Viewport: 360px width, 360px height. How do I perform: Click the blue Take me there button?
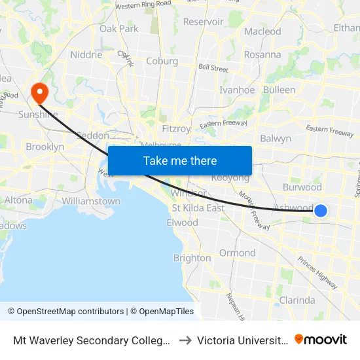180,160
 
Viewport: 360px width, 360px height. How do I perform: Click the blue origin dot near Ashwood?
321,210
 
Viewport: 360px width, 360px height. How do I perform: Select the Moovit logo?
321,339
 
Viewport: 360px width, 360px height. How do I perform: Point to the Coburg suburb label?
162,62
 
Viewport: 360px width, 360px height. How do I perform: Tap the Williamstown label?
92,201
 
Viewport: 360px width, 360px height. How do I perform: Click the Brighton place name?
192,258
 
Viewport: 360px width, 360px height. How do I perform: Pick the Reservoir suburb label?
203,22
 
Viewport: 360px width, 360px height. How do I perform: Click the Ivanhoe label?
236,90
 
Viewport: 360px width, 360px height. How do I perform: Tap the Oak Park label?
118,29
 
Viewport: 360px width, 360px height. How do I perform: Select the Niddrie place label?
86,55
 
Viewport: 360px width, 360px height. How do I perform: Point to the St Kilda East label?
198,208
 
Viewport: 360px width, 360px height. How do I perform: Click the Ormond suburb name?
237,253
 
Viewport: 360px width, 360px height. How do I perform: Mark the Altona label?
18,200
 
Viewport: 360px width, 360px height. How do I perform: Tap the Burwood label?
303,187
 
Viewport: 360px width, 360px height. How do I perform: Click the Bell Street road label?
213,68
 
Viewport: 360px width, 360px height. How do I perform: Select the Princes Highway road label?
317,272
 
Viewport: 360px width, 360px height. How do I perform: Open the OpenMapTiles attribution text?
162,312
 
